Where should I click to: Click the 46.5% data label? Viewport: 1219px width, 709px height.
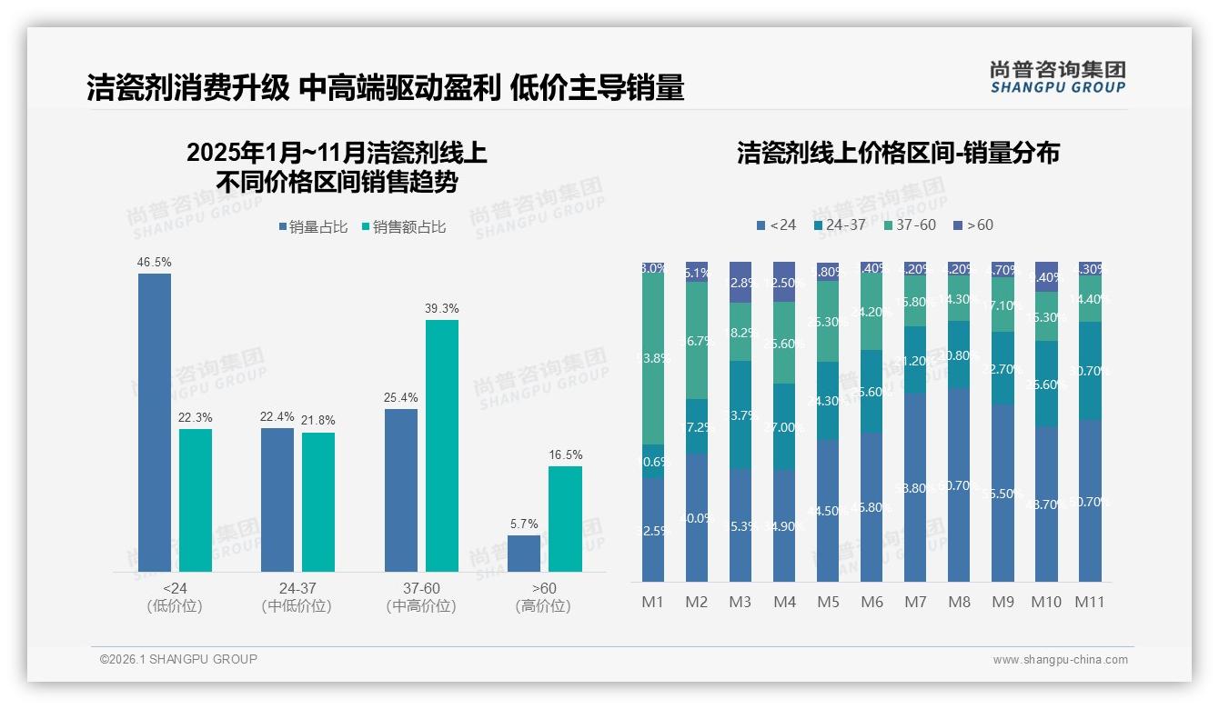coord(155,263)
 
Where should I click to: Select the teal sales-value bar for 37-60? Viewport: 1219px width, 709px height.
coord(442,445)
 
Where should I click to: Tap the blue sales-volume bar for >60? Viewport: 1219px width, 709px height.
coord(524,554)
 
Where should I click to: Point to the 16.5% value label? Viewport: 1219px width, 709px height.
coord(565,455)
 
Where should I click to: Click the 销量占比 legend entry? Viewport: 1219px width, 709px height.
coord(312,227)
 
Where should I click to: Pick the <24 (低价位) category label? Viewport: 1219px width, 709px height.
coord(174,597)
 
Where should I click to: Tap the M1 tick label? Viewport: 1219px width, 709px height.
coord(653,602)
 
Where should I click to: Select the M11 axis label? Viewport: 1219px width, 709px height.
coord(1089,602)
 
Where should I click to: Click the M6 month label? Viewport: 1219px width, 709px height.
coord(871,602)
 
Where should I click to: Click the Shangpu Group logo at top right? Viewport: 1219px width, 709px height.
coord(1057,77)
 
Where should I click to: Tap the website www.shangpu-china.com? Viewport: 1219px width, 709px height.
coord(1060,660)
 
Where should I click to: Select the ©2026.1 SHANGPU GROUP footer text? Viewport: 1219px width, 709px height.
coord(178,659)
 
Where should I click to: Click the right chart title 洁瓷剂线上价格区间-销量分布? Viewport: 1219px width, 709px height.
coord(898,153)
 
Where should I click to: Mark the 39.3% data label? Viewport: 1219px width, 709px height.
coord(442,309)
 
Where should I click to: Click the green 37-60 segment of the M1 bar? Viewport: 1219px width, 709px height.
coord(653,359)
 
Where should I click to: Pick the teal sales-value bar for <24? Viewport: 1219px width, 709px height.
coord(196,500)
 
